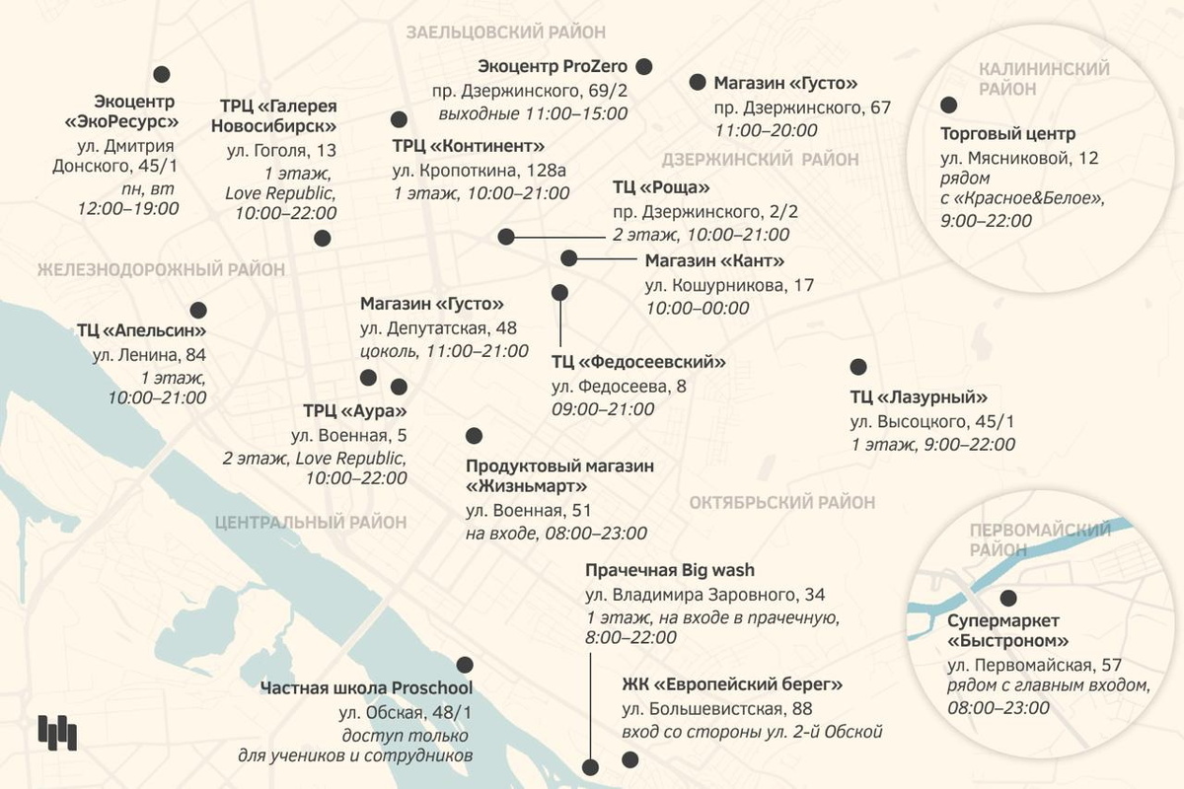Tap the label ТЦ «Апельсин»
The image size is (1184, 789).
pyautogui.click(x=141, y=330)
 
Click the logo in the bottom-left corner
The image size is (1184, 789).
pyautogui.click(x=56, y=731)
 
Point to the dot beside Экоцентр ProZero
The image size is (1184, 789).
pyautogui.click(x=644, y=66)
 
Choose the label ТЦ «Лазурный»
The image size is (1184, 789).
pyautogui.click(x=919, y=397)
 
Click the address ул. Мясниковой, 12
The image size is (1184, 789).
pyautogui.click(x=1019, y=157)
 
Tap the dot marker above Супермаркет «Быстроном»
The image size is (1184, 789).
pyautogui.click(x=1007, y=598)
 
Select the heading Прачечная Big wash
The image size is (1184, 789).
pyautogui.click(x=669, y=571)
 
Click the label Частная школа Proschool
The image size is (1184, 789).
pyautogui.click(x=367, y=687)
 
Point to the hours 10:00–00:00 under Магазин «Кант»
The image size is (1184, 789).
pyautogui.click(x=697, y=308)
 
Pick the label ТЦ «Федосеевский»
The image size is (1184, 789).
pyautogui.click(x=638, y=362)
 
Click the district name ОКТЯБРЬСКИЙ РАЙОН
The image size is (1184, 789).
pyautogui.click(x=781, y=502)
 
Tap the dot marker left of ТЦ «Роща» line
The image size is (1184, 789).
pyautogui.click(x=506, y=237)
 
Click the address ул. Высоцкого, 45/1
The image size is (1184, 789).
pyautogui.click(x=931, y=421)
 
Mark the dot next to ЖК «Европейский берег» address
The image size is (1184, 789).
pyautogui.click(x=629, y=759)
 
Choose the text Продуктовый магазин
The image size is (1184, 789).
pyautogui.click(x=559, y=465)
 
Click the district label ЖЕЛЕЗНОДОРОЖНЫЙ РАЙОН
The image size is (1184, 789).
pyautogui.click(x=161, y=269)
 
